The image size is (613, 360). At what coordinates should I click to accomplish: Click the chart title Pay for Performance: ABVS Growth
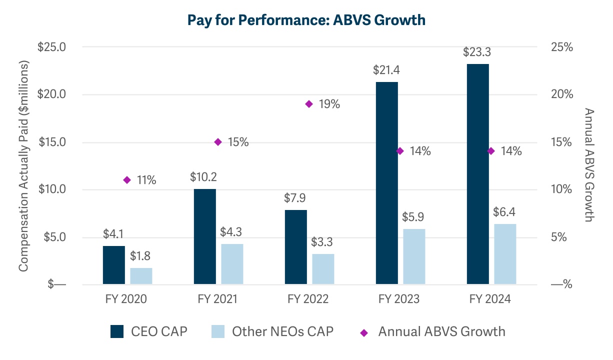pyautogui.click(x=306, y=20)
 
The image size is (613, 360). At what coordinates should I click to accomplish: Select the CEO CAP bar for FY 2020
pyautogui.click(x=114, y=265)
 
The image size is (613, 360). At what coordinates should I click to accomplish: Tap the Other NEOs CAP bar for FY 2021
pyautogui.click(x=232, y=264)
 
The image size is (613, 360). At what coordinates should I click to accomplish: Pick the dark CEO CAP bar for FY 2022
pyautogui.click(x=296, y=247)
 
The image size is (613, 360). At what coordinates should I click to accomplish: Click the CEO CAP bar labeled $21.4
pyautogui.click(x=387, y=183)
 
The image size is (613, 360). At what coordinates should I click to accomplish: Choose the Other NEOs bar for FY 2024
pyautogui.click(x=505, y=254)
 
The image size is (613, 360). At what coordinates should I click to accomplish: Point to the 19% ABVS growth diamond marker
pyautogui.click(x=309, y=104)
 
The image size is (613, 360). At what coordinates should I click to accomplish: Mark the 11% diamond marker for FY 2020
pyautogui.click(x=127, y=180)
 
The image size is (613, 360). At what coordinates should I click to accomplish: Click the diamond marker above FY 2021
pyautogui.click(x=218, y=142)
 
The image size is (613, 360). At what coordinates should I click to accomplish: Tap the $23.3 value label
pyautogui.click(x=477, y=52)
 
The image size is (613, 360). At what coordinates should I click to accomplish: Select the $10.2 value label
pyautogui.click(x=204, y=177)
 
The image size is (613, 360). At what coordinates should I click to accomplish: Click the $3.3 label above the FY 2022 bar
pyautogui.click(x=323, y=242)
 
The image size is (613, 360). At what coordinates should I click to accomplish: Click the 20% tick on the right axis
pyautogui.click(x=561, y=94)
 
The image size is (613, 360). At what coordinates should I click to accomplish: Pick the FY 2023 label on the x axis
pyautogui.click(x=399, y=299)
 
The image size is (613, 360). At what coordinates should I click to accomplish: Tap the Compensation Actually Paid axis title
pyautogui.click(x=23, y=166)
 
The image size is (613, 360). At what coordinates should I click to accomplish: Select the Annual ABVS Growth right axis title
pyautogui.click(x=589, y=165)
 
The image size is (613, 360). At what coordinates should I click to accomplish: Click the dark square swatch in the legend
pyautogui.click(x=117, y=331)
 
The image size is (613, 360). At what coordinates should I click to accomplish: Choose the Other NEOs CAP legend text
pyautogui.click(x=282, y=331)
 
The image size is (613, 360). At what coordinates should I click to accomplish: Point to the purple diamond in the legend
pyautogui.click(x=363, y=332)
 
